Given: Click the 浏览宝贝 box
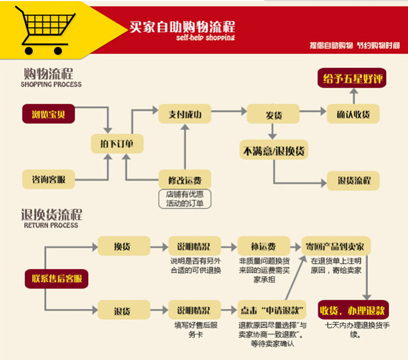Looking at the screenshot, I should pyautogui.click(x=48, y=115).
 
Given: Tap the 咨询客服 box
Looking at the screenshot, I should pyautogui.click(x=48, y=178).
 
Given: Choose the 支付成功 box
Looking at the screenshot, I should pyautogui.click(x=184, y=115).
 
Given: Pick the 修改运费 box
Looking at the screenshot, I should pyautogui.click(x=184, y=178).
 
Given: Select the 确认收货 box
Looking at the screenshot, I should pyautogui.click(x=353, y=115).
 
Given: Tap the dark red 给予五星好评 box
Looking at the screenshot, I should pyautogui.click(x=353, y=79).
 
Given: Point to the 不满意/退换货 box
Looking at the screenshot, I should pyautogui.click(x=273, y=149).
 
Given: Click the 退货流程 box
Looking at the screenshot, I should pyautogui.click(x=353, y=181).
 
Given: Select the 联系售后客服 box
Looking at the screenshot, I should pyautogui.click(x=57, y=278).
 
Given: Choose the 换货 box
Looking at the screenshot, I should pyautogui.click(x=123, y=246).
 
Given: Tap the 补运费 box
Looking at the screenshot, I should pyautogui.click(x=263, y=246).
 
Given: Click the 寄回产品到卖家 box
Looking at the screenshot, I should pyautogui.click(x=337, y=246).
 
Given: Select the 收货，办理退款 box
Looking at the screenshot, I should pyautogui.click(x=353, y=310).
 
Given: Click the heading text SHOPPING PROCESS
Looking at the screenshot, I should pyautogui.click(x=51, y=85).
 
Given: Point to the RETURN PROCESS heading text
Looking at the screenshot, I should pyautogui.click(x=51, y=225).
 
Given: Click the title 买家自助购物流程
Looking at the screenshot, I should pyautogui.click(x=182, y=27).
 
